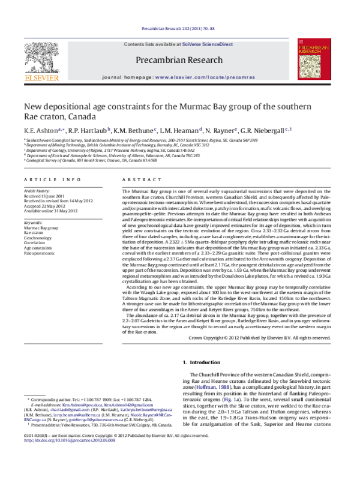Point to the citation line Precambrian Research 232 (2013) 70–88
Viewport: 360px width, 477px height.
(179, 28)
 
